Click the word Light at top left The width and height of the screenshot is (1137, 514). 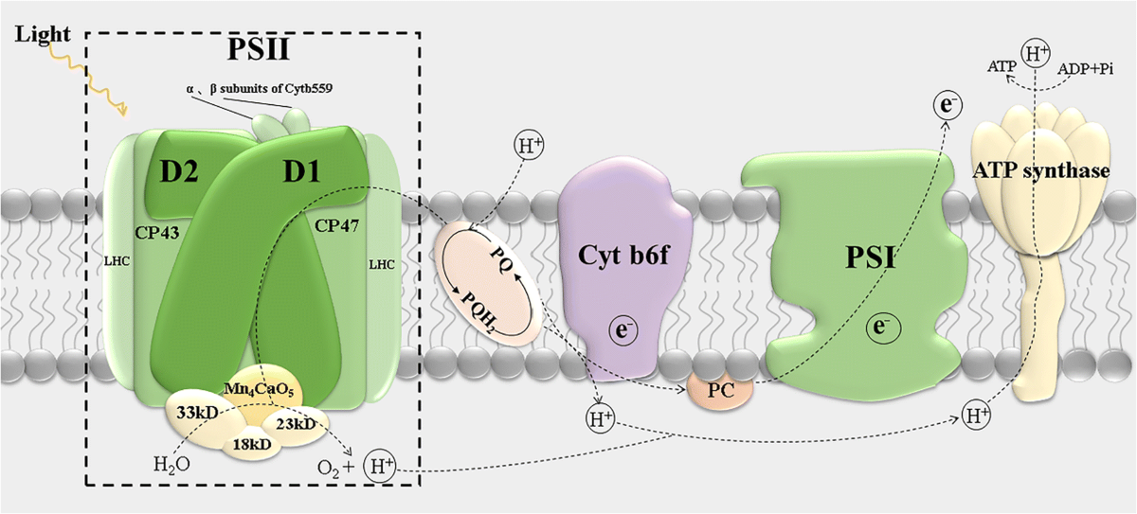pyautogui.click(x=43, y=35)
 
